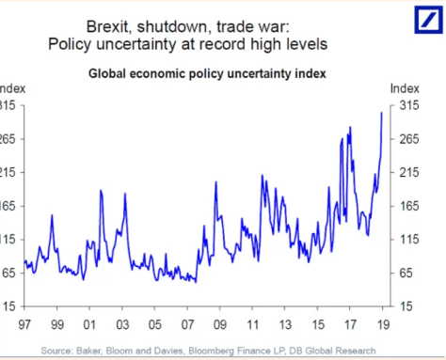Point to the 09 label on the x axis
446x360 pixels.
[221, 327]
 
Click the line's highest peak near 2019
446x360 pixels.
[381, 113]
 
